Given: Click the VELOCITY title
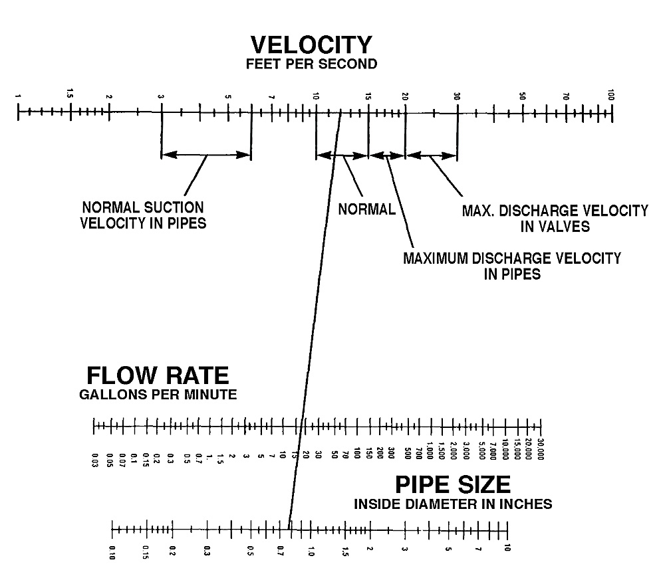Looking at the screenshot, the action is click(311, 45).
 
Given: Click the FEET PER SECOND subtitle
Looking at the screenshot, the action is click(311, 64).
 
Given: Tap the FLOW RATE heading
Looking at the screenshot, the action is click(158, 375).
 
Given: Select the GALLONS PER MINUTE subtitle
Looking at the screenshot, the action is click(158, 395).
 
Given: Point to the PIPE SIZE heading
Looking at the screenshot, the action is click(452, 484).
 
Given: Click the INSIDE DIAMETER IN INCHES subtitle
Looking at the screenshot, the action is click(453, 504).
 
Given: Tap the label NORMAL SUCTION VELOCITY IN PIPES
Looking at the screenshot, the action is click(144, 215).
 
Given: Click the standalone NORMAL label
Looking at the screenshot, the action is click(367, 209).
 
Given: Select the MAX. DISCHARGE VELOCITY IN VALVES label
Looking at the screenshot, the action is click(555, 219).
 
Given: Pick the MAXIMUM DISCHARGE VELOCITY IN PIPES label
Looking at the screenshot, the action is click(512, 266).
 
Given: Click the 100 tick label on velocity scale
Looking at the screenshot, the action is click(610, 95).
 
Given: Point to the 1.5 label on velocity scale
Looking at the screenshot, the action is click(70, 93).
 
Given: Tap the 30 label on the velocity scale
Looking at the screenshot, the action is click(457, 96).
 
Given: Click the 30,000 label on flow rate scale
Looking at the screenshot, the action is click(540, 449).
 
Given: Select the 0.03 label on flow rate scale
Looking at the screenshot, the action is click(94, 460).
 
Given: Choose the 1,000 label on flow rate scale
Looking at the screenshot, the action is click(430, 450).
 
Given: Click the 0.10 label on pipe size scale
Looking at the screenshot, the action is click(112, 552).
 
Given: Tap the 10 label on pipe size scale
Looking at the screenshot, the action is click(507, 547).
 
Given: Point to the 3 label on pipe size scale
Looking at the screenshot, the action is click(404, 549).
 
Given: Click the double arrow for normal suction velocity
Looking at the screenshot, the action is click(207, 155).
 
